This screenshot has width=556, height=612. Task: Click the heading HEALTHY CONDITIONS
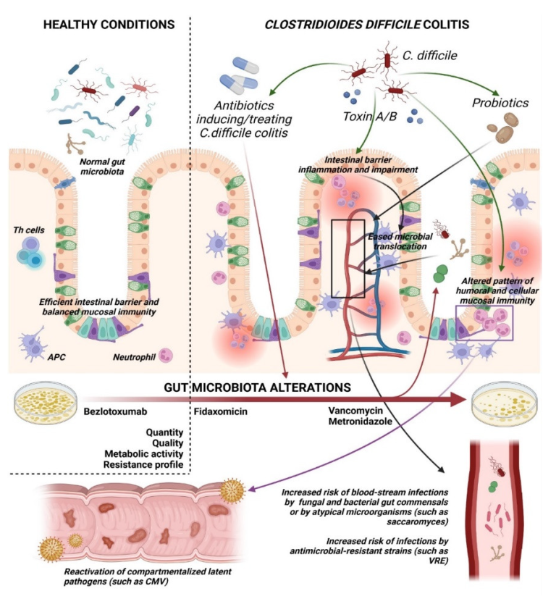[x=109, y=24]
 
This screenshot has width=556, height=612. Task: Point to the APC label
[x=56, y=357]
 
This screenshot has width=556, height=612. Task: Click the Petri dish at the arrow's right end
[x=500, y=401]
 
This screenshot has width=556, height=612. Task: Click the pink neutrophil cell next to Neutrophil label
[x=166, y=355]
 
